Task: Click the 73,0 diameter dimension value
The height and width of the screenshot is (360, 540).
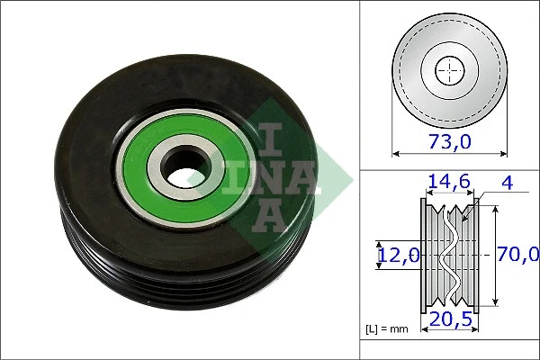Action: pyautogui.click(x=449, y=140)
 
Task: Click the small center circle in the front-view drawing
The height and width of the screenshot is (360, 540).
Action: pyautogui.click(x=449, y=70)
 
